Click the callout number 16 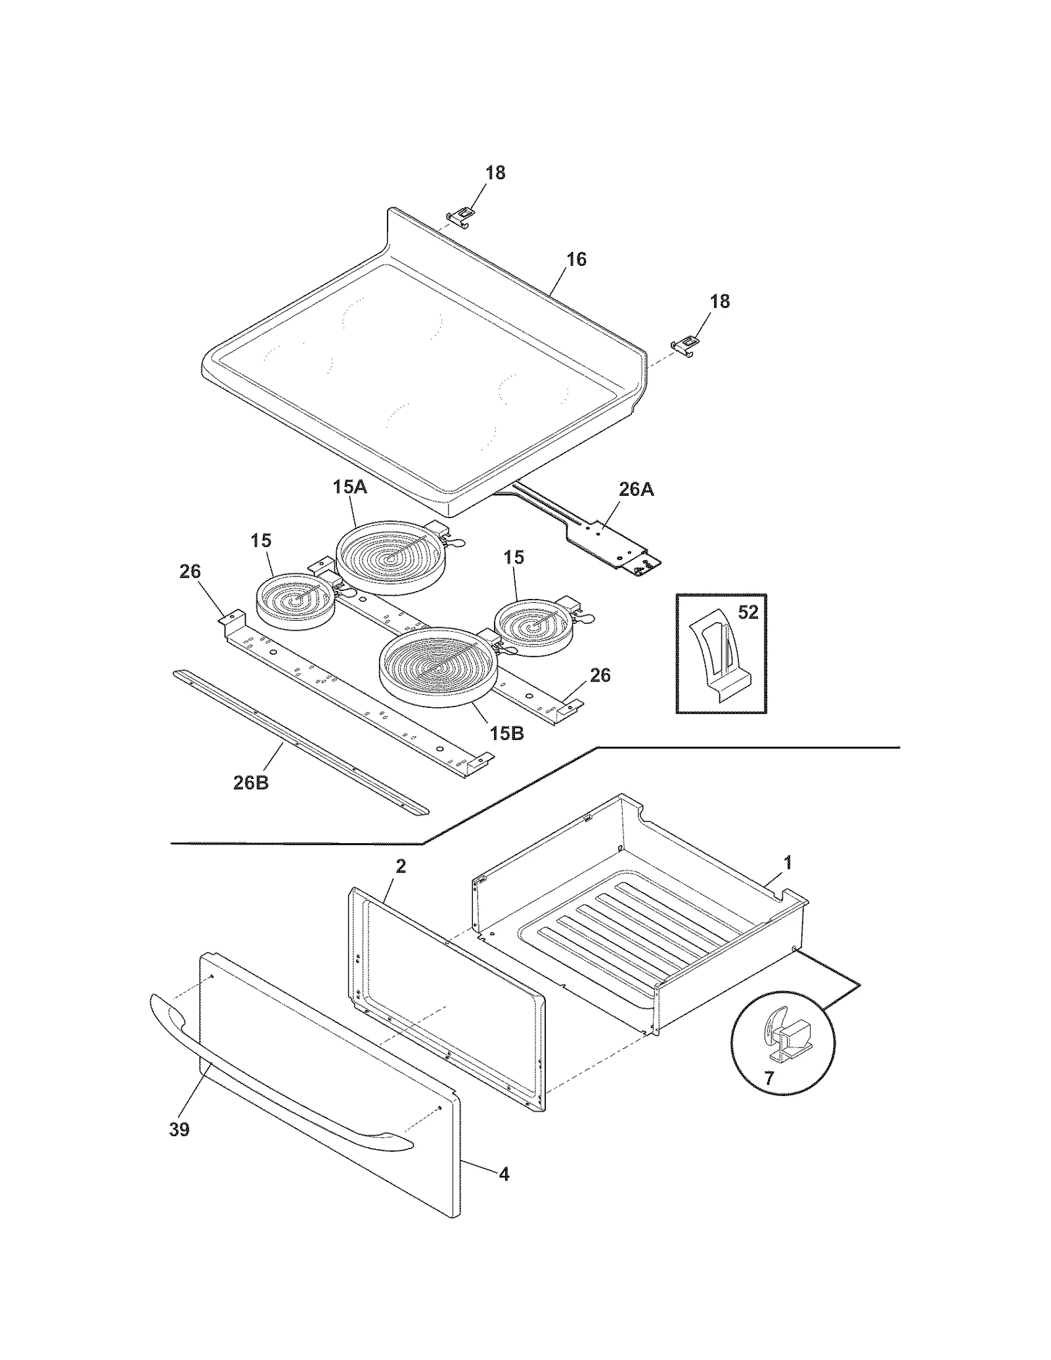[576, 259]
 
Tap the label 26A [636, 489]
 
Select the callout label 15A [349, 487]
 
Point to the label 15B [506, 733]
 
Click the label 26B [251, 783]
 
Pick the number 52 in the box [748, 612]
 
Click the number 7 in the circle [769, 1077]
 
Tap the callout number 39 [179, 1130]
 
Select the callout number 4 [504, 1174]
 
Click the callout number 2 [401, 866]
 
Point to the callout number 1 [788, 862]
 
